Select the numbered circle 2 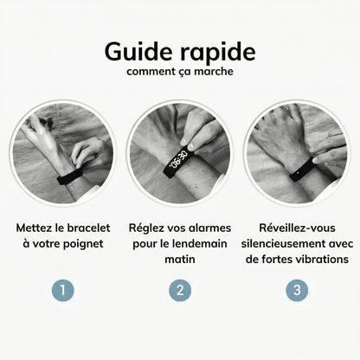(180, 287)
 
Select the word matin (180, 262)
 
